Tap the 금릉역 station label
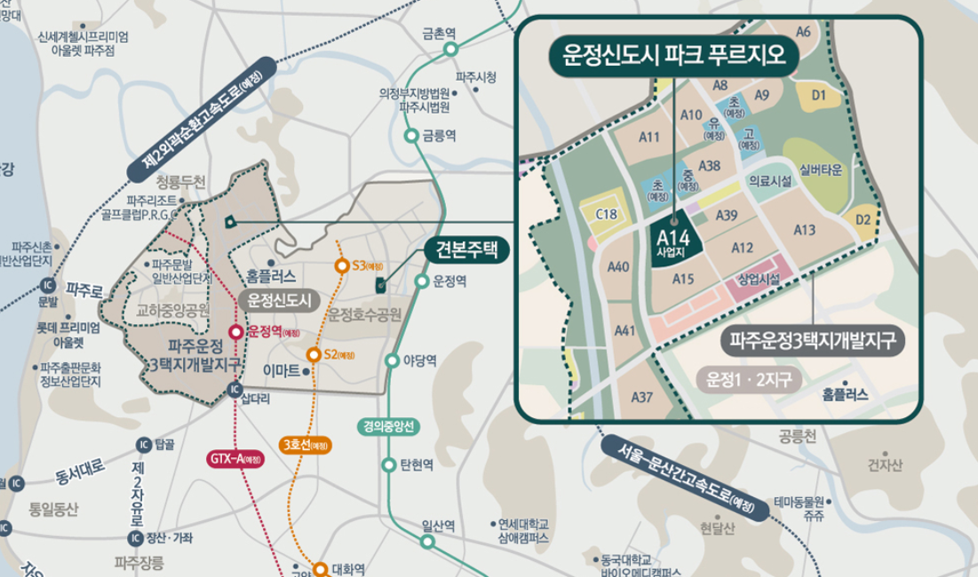[x=439, y=136]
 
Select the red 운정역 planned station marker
[x=235, y=332]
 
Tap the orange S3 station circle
[x=340, y=265]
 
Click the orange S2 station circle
[x=313, y=355]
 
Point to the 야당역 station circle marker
[x=392, y=360]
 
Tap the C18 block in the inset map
[x=606, y=214]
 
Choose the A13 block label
[x=805, y=231]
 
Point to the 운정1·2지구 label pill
[x=749, y=381]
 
